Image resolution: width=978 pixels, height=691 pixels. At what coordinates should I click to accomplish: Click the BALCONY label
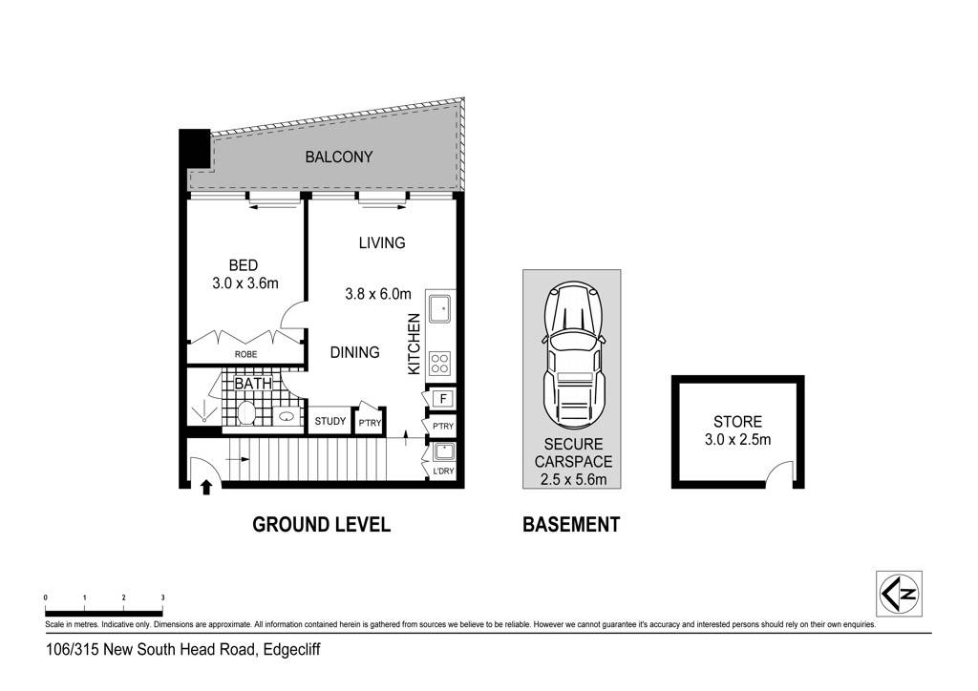tap(339, 157)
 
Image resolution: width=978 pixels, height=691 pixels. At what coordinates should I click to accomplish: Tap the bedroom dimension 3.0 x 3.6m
tap(245, 283)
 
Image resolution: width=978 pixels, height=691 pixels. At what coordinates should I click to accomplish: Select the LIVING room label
tap(382, 243)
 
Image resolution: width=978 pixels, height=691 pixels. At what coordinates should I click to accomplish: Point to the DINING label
tap(355, 353)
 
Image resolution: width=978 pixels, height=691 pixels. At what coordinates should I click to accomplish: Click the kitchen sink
tap(439, 309)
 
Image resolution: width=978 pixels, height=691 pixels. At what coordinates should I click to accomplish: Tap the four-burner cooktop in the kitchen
tap(439, 364)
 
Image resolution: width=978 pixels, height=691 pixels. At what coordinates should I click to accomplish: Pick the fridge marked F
tap(443, 399)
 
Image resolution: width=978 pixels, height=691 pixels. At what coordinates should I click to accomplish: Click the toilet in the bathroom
tap(247, 413)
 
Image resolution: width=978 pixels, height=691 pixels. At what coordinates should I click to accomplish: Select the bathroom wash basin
tap(287, 416)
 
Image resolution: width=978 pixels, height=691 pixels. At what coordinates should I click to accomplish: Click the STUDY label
tap(330, 421)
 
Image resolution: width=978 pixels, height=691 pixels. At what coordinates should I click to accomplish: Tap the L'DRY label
tap(443, 471)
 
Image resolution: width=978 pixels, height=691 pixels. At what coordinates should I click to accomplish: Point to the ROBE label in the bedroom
tap(245, 354)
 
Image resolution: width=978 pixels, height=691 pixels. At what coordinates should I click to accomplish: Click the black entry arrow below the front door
tap(206, 487)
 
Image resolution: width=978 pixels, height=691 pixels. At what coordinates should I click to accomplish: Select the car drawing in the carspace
tap(574, 356)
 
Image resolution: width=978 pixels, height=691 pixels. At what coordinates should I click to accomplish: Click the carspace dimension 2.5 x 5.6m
tap(574, 480)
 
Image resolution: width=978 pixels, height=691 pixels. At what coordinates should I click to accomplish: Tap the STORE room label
tap(738, 422)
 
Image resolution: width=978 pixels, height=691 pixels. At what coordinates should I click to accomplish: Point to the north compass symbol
tap(899, 594)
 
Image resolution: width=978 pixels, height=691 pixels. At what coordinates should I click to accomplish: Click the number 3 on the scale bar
tap(162, 597)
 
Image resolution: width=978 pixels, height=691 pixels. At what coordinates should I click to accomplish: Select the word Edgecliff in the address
tap(292, 650)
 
